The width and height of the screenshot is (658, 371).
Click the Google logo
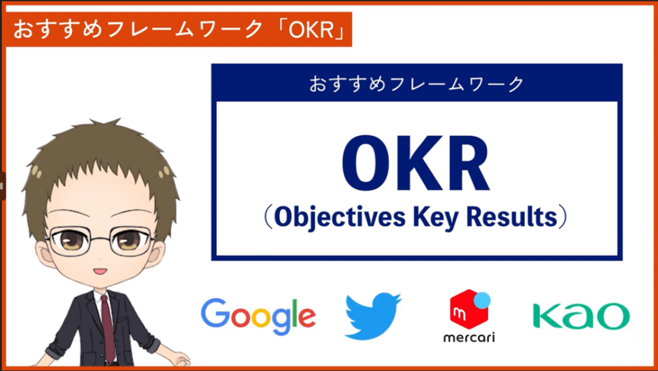pos(258,316)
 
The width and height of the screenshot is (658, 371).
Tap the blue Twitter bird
pos(373,316)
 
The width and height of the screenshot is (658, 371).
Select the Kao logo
pos(581,316)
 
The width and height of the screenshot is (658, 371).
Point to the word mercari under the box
pos(469,337)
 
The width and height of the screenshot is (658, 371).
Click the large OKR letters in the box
pos(416,164)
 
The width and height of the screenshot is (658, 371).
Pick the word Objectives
pos(340,217)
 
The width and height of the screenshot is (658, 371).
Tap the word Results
pos(511,217)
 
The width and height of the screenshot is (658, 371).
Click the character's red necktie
pos(108,328)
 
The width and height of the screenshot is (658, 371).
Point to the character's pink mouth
pos(100,271)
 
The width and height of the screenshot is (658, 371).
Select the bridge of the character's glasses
pos(100,240)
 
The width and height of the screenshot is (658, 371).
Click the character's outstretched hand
pos(179,358)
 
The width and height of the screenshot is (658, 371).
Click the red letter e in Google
pos(307,318)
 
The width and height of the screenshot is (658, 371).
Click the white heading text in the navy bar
pos(416,84)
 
